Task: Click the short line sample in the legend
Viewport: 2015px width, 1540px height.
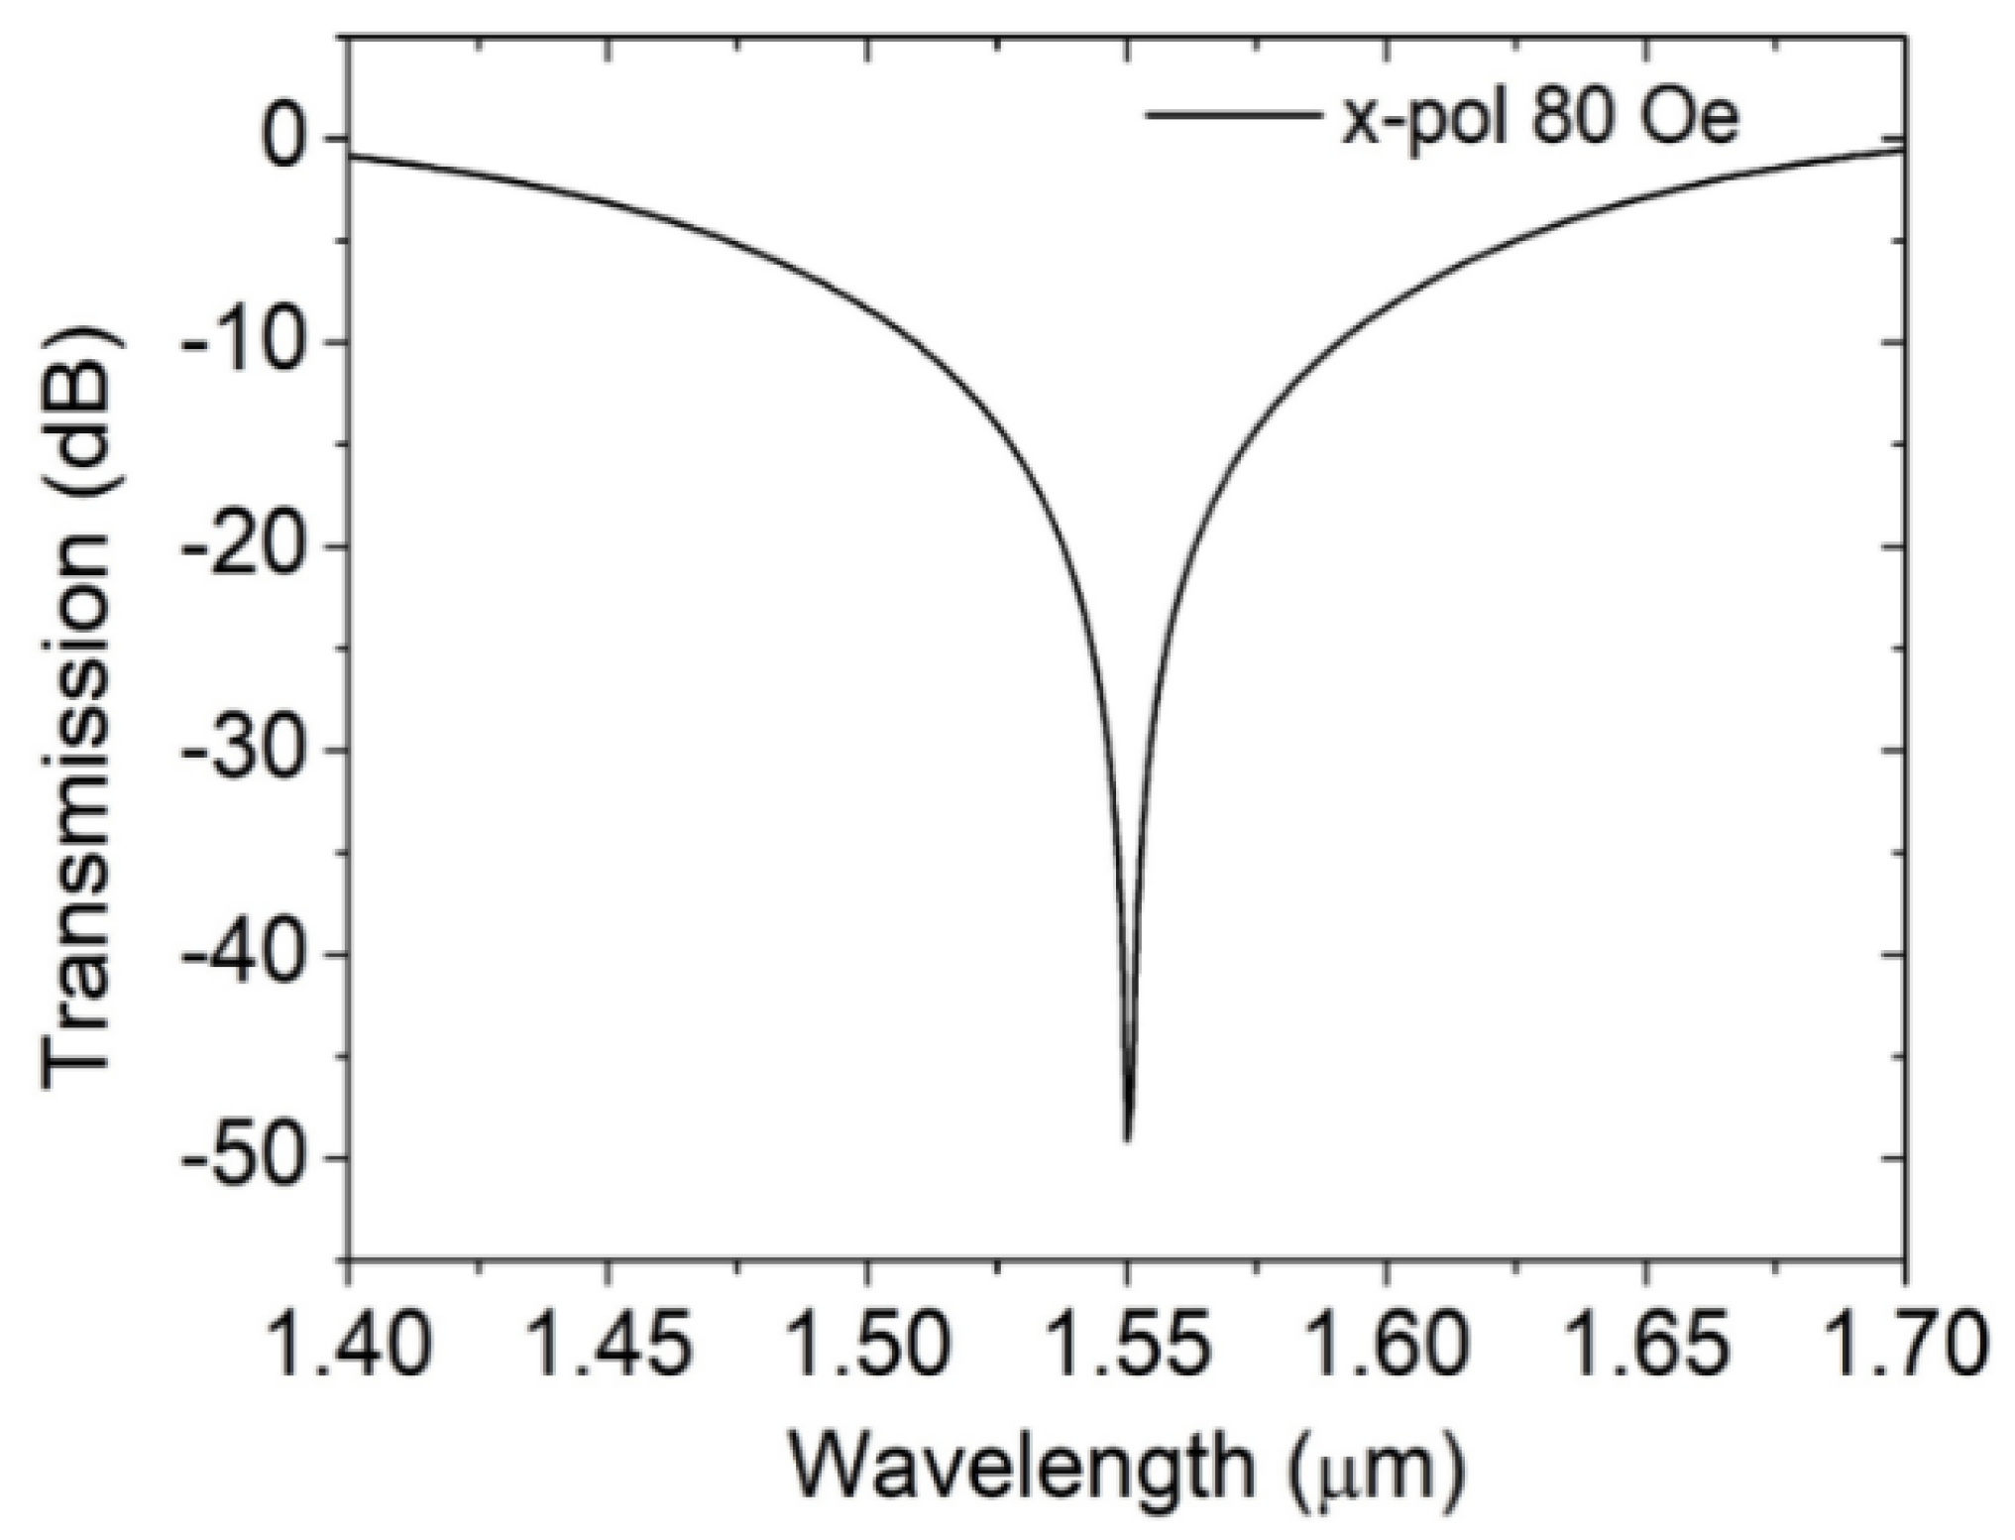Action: (1231, 115)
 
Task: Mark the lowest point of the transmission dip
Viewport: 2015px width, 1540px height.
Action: (1128, 1138)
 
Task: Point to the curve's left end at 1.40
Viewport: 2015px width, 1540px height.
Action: (351, 157)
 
